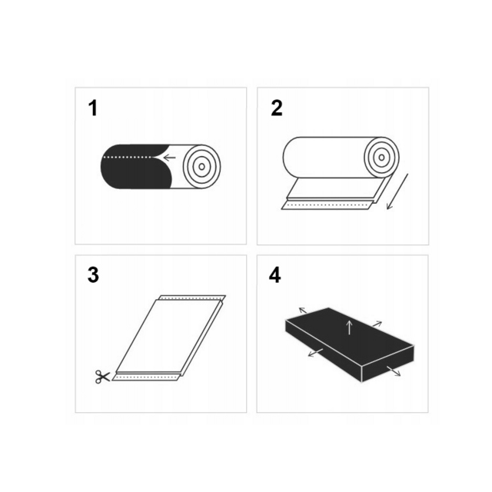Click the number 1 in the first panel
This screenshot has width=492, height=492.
93,108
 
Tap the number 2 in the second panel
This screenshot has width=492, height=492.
277,108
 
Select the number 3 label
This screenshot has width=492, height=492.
93,275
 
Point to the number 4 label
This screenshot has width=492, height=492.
276,275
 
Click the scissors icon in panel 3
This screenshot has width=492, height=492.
101,377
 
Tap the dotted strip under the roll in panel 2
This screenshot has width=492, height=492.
327,205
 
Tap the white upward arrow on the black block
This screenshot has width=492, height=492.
350,326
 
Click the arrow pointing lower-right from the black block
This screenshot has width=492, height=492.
394,371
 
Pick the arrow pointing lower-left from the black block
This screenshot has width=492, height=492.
314,353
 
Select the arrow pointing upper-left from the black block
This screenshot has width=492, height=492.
303,310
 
